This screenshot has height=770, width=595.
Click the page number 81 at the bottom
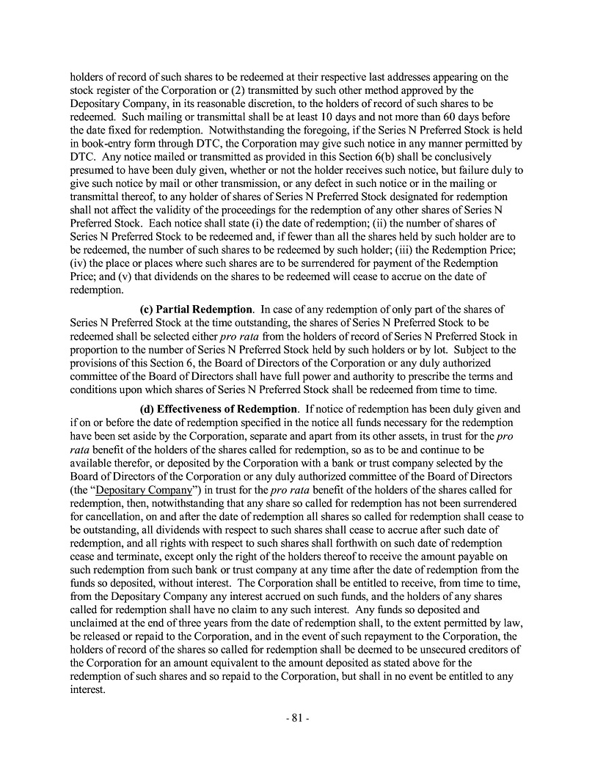pyautogui.click(x=297, y=718)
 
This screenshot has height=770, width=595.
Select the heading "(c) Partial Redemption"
pyautogui.click(x=196, y=309)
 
